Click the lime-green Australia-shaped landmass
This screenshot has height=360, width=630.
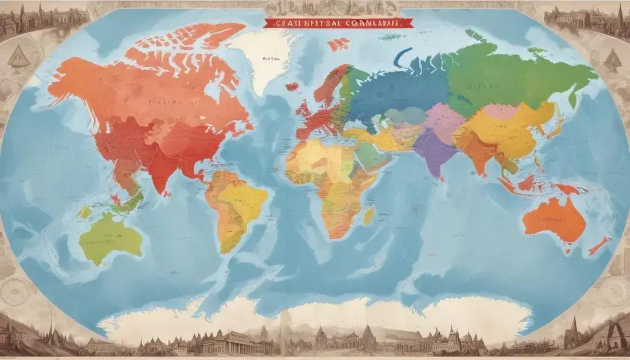(110, 237)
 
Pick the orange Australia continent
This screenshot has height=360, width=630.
(554, 220)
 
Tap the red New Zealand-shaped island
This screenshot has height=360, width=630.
(599, 245)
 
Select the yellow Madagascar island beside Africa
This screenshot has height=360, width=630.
(369, 215)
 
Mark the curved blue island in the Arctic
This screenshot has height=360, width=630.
(402, 57)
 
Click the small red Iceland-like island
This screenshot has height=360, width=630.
(292, 87)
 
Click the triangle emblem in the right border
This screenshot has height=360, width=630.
(612, 57)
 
